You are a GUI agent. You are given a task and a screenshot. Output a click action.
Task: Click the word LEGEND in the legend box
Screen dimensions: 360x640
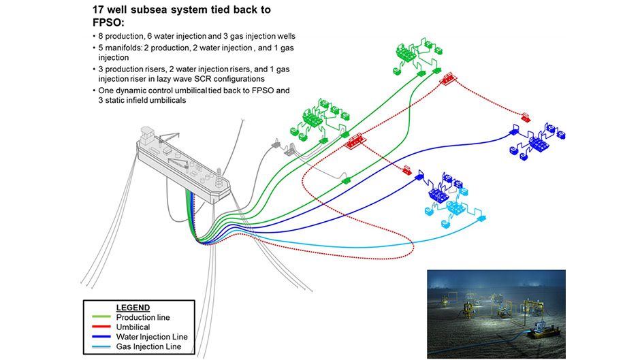(x=133, y=308)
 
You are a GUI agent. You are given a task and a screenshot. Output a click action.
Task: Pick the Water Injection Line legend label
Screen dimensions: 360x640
(x=151, y=337)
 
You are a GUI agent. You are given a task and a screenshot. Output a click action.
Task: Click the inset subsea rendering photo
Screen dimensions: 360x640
(x=496, y=314)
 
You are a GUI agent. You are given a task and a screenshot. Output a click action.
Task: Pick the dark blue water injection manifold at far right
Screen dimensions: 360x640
(x=538, y=140)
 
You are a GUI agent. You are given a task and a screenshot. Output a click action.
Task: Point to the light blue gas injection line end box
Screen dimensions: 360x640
(x=482, y=220)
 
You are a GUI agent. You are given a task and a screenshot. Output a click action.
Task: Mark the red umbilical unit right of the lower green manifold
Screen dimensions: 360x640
(x=355, y=142)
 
